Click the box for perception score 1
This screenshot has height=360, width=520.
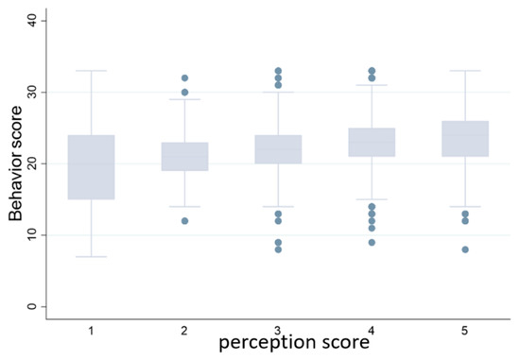tap(92, 167)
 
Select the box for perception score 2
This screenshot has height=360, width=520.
tap(185, 156)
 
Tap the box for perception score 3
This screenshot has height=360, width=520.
tap(279, 149)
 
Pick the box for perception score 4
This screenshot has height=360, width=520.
tap(373, 142)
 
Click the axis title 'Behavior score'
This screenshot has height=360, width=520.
tap(16, 163)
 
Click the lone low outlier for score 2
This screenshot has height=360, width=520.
tap(185, 221)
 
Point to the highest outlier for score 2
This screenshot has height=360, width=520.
tap(185, 77)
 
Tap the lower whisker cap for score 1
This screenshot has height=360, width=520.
tap(92, 256)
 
